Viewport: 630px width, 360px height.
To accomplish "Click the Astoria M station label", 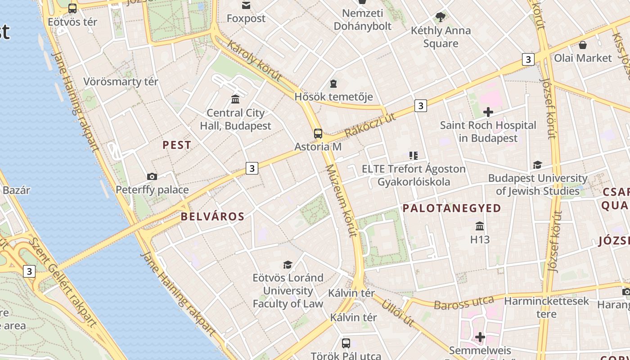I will click(318, 147).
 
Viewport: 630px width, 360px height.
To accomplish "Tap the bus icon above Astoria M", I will click(318, 134).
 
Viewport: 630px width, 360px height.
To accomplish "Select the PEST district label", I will click(177, 145).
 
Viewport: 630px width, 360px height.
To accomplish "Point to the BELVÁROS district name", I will click(212, 216).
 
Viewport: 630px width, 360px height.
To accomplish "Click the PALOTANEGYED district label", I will click(451, 208).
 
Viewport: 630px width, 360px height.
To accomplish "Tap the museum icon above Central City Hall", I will click(235, 99).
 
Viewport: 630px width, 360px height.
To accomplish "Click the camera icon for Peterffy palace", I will click(152, 176).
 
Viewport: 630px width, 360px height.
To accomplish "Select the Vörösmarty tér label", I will click(121, 82).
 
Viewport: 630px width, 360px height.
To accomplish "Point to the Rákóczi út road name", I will click(370, 125).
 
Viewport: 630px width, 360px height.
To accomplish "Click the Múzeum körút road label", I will click(341, 201).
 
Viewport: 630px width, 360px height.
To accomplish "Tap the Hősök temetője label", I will click(333, 97).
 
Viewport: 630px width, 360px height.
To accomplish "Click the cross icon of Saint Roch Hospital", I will click(488, 112).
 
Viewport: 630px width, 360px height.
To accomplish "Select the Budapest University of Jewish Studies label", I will click(538, 184).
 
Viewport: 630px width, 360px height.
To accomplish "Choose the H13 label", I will click(480, 239).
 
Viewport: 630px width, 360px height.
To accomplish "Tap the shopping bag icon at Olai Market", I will click(583, 45).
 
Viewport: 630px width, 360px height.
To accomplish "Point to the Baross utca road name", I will click(463, 302).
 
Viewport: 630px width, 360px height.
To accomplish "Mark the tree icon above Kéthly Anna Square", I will click(440, 18).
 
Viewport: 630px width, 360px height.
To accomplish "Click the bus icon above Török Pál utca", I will click(346, 343).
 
